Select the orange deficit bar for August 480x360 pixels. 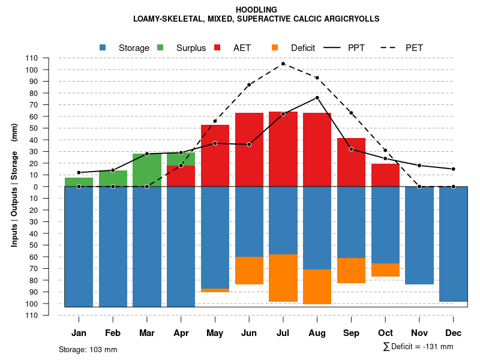pyautogui.click(x=317, y=287)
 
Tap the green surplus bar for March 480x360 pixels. pyautogui.click(x=147, y=170)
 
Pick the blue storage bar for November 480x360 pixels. pyautogui.click(x=419, y=235)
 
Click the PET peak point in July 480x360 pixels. pyautogui.click(x=283, y=64)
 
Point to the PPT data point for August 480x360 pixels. pyautogui.click(x=317, y=98)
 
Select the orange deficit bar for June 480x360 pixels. pyautogui.click(x=249, y=271)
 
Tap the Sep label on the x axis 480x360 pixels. pyautogui.click(x=351, y=333)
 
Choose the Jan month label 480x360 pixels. pyautogui.click(x=79, y=333)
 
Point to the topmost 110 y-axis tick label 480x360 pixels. pyautogui.click(x=32, y=58)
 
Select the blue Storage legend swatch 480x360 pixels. pyautogui.click(x=103, y=47)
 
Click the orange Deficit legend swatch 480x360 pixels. pyautogui.click(x=275, y=47)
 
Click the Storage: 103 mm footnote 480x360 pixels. pyautogui.click(x=88, y=349)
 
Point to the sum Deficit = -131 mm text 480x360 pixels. pyautogui.click(x=418, y=347)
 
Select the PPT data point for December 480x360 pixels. pyautogui.click(x=453, y=169)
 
